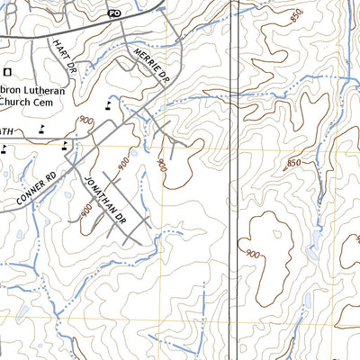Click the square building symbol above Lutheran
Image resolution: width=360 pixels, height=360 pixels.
click(8, 71)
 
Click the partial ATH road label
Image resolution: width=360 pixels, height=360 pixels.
click(7, 133)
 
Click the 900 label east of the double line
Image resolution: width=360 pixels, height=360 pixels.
click(253, 255)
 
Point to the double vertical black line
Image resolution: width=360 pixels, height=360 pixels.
click(235, 180)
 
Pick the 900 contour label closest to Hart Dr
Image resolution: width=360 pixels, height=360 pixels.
click(86, 121)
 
